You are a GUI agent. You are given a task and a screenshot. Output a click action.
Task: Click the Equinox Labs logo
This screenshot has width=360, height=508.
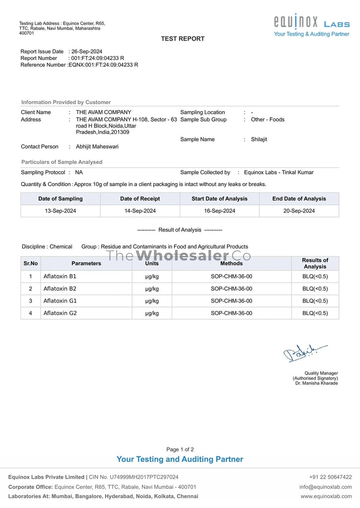pos(311,25)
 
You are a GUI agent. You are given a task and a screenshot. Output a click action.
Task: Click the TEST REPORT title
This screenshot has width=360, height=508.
pos(182,39)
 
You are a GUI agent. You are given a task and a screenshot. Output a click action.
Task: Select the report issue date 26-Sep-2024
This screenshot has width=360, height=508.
pos(87,52)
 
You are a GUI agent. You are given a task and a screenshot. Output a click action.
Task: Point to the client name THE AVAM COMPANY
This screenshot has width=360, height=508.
pos(103,112)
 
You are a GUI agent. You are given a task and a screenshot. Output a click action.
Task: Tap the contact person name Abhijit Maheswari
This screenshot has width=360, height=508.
pos(97,147)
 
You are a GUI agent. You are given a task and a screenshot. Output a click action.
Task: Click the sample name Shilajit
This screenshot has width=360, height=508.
pos(259,139)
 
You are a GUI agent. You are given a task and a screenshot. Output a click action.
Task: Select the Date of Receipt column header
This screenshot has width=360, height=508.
pos(140,199)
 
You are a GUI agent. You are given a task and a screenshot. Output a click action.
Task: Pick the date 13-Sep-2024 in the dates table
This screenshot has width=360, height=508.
pos(60,211)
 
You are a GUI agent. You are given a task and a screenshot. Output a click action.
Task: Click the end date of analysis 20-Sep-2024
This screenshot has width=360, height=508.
pos(299,211)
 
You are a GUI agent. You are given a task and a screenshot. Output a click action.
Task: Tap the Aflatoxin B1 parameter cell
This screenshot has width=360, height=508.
pos(60,276)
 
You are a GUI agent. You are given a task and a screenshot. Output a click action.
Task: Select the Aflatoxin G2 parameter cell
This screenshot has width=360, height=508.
pos(60,313)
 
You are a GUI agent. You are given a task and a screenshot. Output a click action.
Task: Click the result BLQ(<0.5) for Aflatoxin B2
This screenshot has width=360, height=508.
pos(315,289)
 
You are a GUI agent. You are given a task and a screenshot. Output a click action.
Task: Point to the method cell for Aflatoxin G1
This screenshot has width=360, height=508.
pos(231,301)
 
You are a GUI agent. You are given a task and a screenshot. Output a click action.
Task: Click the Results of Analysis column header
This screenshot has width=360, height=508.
pos(315,263)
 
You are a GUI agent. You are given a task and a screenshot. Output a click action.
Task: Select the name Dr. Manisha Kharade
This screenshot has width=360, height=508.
pos(316,383)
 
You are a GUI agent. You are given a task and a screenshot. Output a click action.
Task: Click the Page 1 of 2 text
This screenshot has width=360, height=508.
pos(180,449)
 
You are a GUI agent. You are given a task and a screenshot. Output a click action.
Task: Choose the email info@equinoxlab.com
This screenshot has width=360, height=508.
pos(325,487)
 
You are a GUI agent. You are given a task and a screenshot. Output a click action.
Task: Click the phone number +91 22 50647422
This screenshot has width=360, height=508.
pos(330,477)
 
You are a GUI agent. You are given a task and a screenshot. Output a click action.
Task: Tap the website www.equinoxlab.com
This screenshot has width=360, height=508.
pos(326,496)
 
